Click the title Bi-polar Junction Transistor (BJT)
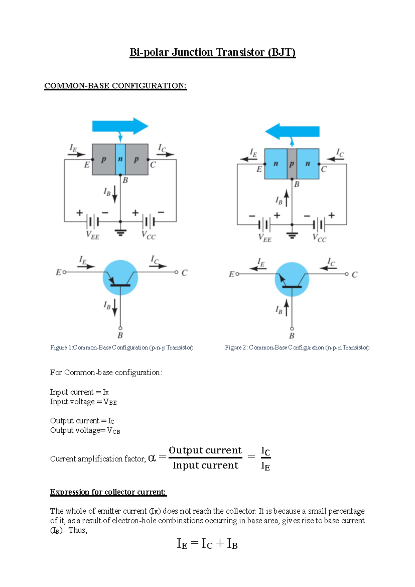point(212,52)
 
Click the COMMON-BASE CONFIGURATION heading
point(115,85)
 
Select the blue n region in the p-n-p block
point(120,160)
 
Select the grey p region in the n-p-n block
point(292,164)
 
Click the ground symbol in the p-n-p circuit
point(120,232)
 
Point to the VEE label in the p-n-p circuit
point(92,235)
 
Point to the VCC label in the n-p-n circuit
point(319,238)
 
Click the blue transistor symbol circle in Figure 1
point(120,278)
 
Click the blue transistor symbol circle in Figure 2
point(292,279)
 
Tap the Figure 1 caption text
point(122,347)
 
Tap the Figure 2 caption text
point(297,347)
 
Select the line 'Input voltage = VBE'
point(83,402)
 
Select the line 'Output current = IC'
point(82,421)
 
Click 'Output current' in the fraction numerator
point(205,450)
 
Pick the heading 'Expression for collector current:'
point(108,492)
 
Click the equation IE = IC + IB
point(207,544)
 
